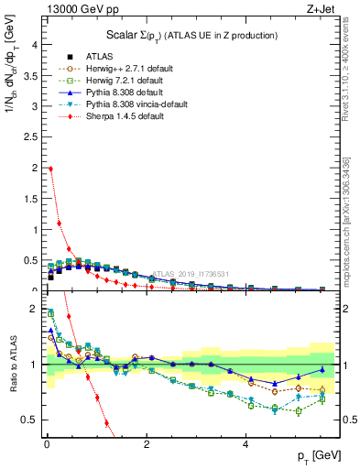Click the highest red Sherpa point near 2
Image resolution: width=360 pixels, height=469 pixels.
(49, 169)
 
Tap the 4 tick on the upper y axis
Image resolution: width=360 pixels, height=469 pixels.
(34, 45)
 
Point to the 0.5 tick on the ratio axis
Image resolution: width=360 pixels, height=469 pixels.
(30, 420)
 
